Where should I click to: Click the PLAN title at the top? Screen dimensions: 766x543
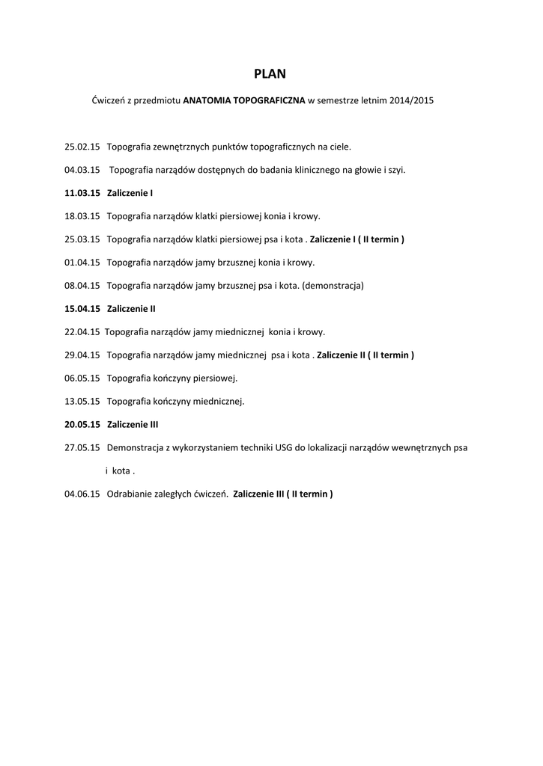coord(270,73)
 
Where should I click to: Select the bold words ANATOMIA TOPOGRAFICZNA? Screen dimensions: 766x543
coord(244,99)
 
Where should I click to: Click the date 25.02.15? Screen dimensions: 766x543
coord(82,147)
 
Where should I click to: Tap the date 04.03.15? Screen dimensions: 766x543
coord(82,170)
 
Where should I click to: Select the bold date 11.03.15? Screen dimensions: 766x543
coord(82,193)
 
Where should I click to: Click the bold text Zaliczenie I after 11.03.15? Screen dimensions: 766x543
coord(130,193)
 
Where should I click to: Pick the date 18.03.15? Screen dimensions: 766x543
coord(82,216)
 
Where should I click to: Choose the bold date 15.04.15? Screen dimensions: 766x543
coord(82,309)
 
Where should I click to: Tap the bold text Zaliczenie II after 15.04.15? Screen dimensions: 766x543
coord(132,309)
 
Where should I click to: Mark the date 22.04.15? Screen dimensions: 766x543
coord(82,332)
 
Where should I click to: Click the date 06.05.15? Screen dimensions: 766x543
coord(82,379)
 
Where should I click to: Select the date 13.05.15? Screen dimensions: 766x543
coord(82,402)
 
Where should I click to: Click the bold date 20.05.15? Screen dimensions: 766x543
coord(82,425)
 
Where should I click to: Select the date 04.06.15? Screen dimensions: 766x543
coord(82,494)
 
